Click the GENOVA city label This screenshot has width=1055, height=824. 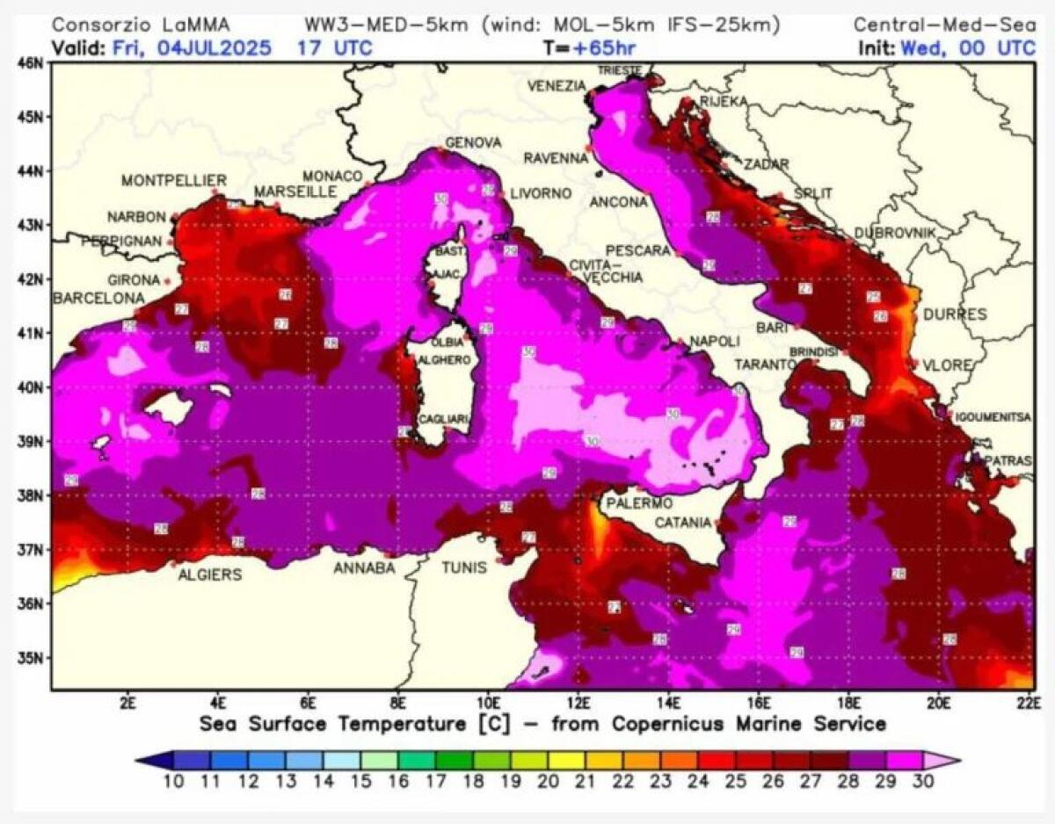click(473, 143)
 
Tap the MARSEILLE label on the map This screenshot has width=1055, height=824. click(295, 192)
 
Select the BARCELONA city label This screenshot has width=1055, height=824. click(98, 300)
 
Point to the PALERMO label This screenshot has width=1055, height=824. click(639, 503)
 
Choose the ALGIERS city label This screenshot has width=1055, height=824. click(210, 575)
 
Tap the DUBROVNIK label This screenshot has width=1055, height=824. click(896, 233)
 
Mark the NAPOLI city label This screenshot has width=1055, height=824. click(715, 341)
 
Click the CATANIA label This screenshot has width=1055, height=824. click(682, 523)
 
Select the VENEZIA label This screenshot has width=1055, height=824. click(556, 86)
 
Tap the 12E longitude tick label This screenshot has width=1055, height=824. click(578, 703)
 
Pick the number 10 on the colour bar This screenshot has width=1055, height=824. click(173, 780)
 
